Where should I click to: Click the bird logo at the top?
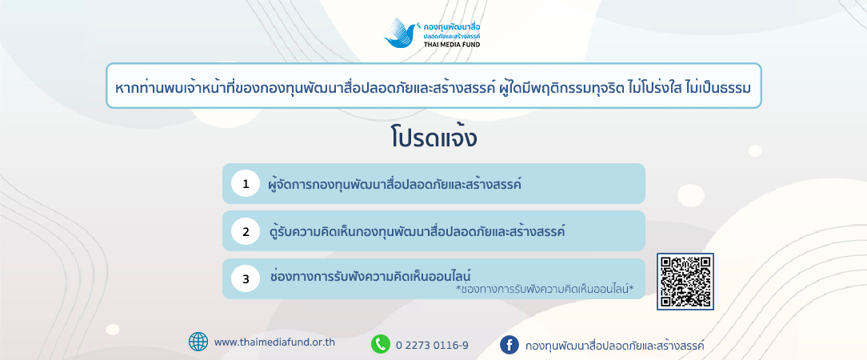401,33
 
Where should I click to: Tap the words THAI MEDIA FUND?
452,44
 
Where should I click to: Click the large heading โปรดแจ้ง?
433,138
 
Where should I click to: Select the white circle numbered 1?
246,183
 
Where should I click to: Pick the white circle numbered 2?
246,231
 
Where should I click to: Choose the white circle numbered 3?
246,278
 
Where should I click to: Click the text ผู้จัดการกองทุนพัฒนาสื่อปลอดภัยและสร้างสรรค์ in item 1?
394,183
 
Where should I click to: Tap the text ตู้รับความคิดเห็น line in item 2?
418,230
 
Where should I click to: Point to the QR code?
685,282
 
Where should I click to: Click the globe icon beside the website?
198,342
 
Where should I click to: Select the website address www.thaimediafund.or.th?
274,342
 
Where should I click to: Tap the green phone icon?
381,345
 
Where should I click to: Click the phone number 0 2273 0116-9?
433,346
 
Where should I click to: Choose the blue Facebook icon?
509,345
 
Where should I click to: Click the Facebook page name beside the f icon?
615,346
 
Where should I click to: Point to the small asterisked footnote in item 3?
544,289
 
